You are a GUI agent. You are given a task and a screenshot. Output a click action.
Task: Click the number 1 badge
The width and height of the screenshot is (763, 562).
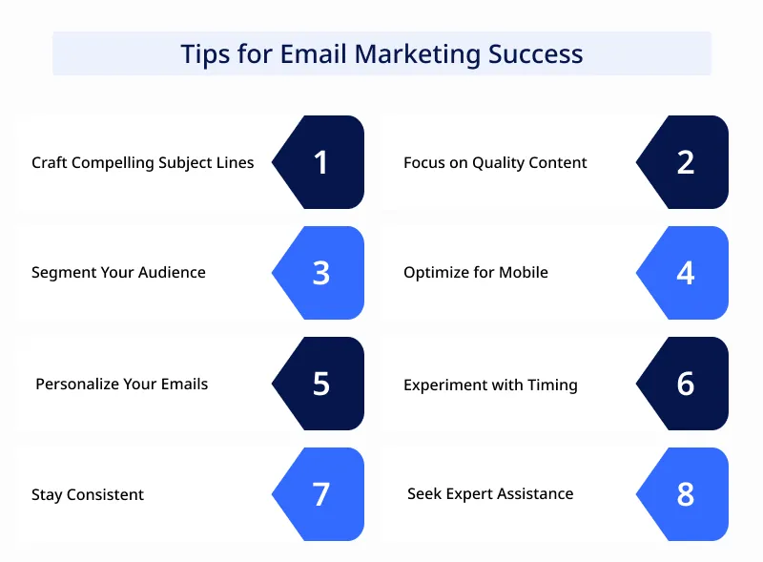(320, 162)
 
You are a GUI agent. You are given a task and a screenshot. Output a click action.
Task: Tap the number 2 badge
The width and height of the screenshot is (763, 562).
(685, 162)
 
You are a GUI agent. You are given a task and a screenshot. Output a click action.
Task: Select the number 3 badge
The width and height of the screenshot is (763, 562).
(320, 273)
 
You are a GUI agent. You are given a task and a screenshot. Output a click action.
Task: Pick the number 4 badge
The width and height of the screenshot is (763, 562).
(685, 273)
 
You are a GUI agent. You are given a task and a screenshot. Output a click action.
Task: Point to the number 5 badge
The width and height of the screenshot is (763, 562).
(320, 384)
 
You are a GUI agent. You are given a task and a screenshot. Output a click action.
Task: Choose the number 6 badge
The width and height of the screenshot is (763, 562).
(685, 384)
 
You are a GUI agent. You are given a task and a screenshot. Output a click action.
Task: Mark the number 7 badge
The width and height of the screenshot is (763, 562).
(320, 494)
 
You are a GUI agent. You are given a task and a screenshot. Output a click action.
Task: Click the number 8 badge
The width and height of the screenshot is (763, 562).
(685, 494)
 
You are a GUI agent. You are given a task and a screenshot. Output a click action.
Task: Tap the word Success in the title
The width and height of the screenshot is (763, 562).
(535, 53)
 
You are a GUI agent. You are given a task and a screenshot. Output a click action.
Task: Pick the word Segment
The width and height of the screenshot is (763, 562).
(61, 273)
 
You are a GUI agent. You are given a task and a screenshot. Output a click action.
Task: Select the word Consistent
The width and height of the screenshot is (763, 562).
(105, 494)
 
